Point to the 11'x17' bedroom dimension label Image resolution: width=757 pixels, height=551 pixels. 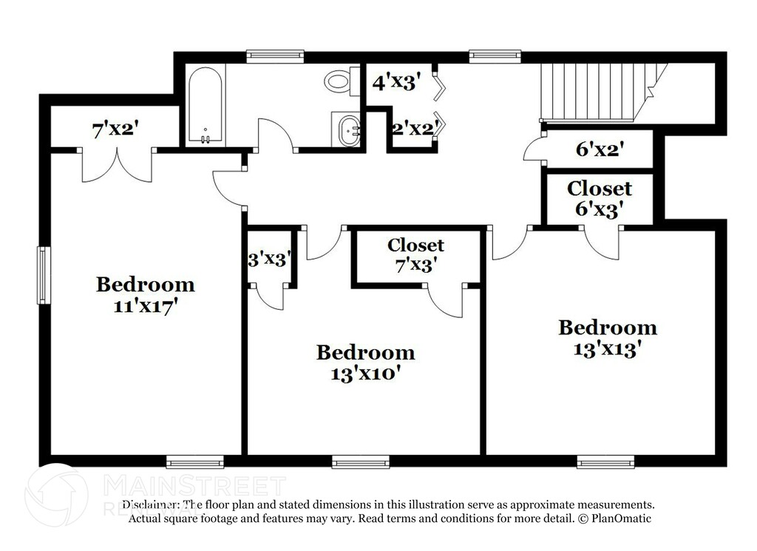145,307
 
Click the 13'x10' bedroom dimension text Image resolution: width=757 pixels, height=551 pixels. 365,373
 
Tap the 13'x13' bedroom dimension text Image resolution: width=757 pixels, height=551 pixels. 607,349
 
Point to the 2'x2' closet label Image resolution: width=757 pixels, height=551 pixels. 412,128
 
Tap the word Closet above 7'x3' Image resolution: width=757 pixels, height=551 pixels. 415,245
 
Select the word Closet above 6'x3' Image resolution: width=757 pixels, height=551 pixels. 600,189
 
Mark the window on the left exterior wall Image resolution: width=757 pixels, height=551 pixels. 43,274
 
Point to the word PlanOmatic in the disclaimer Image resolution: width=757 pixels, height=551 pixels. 621,518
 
